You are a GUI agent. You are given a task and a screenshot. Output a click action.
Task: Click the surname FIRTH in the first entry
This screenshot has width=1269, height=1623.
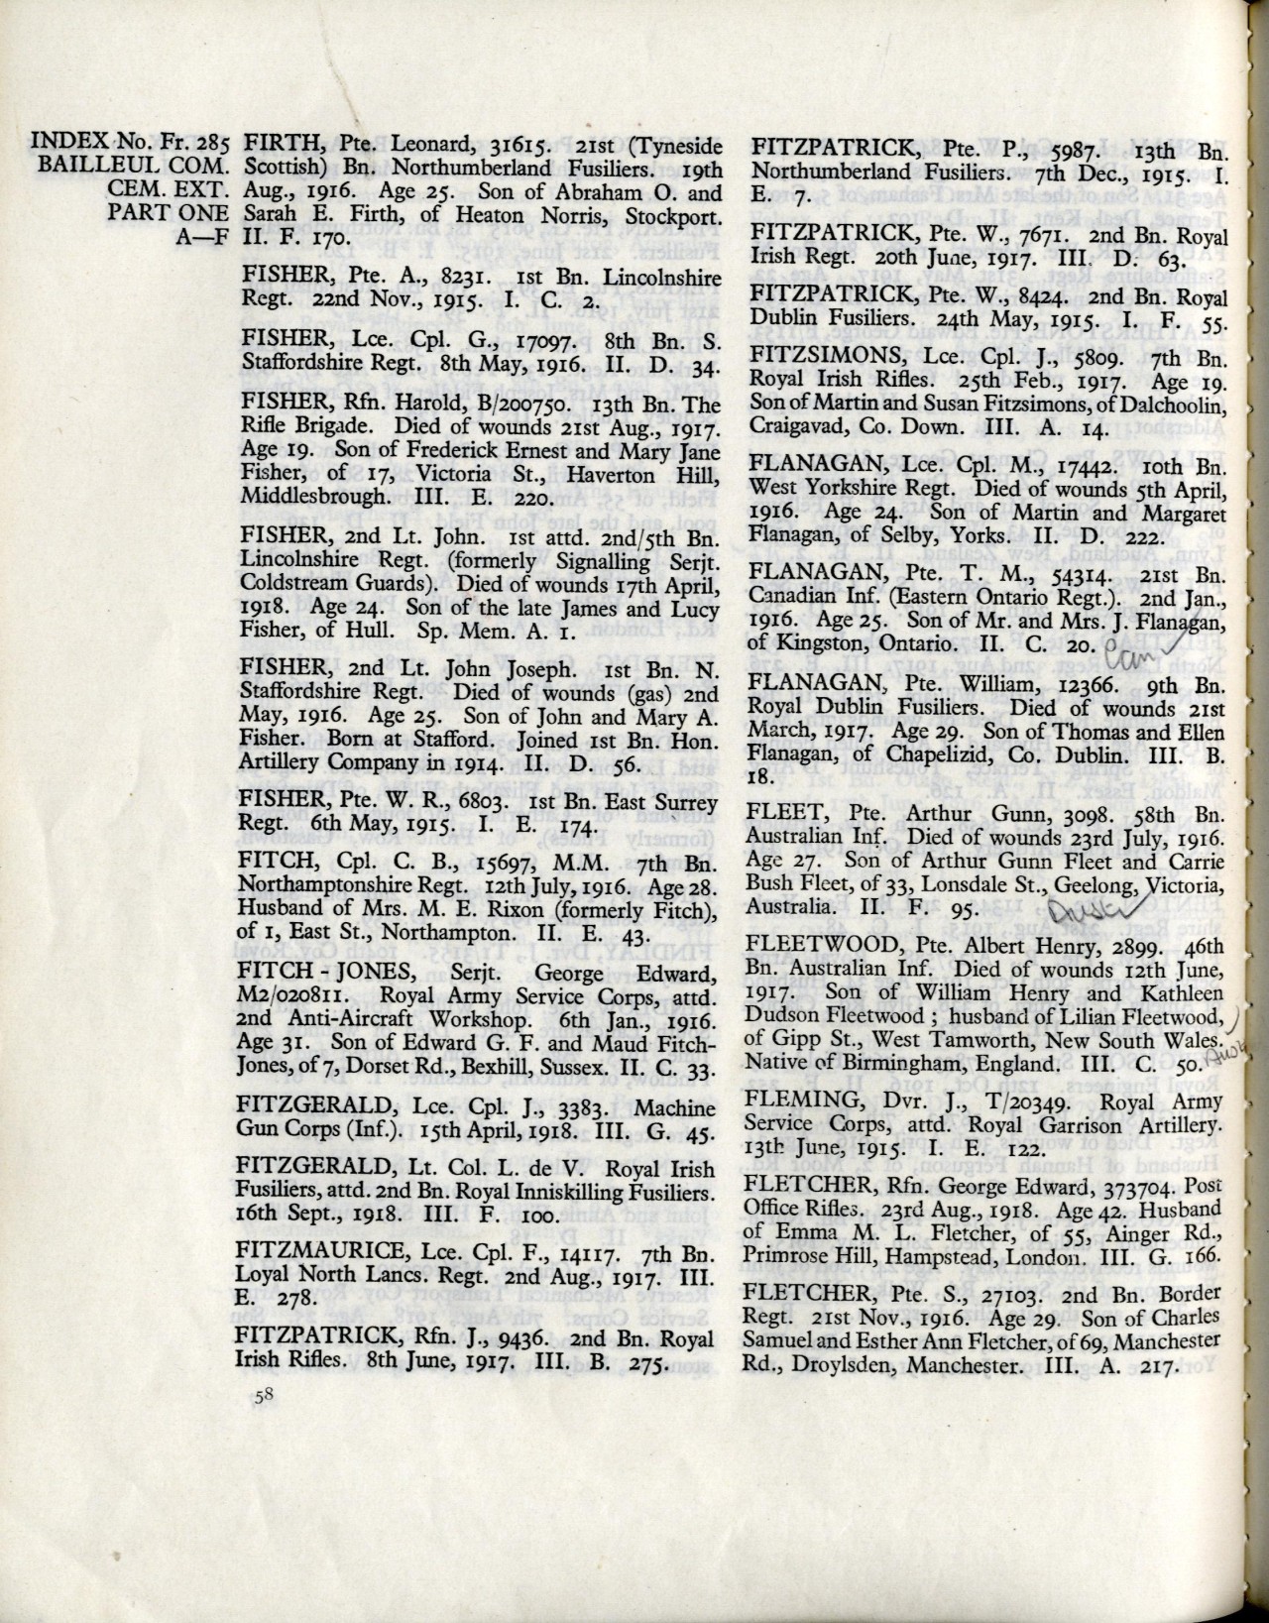[275, 145]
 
